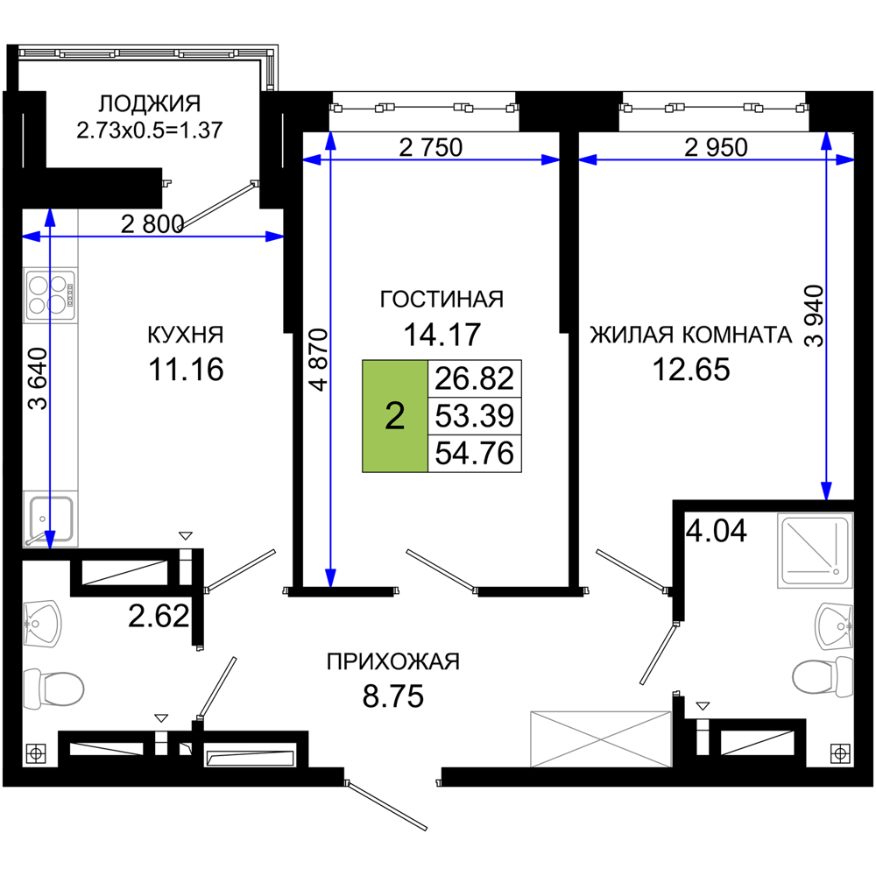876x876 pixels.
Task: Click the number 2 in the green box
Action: [395, 416]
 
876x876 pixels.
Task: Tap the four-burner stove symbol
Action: [49, 294]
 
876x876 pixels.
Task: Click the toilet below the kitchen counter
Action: [54, 689]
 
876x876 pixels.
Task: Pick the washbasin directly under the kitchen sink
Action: [43, 624]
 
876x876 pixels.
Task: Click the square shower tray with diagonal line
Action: [814, 551]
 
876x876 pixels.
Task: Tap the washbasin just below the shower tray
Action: [833, 625]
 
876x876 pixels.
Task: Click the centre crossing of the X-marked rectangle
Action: [600, 738]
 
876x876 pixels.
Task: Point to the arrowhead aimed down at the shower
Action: [826, 491]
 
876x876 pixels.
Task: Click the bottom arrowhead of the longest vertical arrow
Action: [330, 576]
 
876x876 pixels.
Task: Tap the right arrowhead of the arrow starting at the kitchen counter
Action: [274, 237]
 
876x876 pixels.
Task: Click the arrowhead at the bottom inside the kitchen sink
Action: [50, 538]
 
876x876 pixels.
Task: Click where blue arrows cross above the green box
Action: [330, 159]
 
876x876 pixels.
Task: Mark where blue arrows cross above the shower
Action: [826, 159]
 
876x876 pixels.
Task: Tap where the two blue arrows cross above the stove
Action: [50, 237]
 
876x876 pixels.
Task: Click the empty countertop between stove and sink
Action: [51, 407]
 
